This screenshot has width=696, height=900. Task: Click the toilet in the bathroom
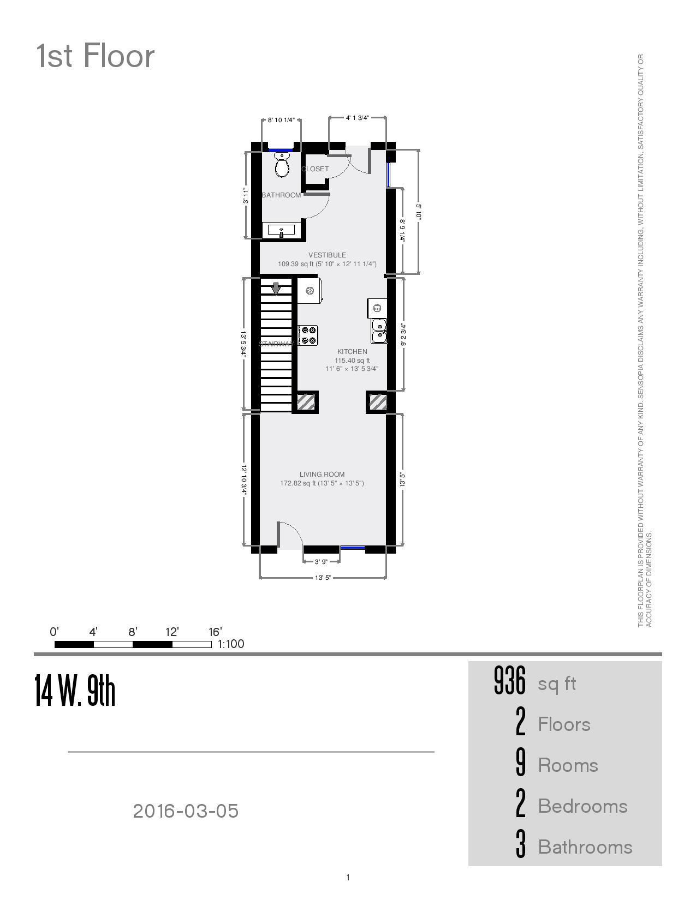point(282,165)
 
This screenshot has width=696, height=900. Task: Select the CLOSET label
point(316,169)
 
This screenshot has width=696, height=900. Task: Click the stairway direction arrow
point(276,289)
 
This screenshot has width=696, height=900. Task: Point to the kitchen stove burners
point(308,335)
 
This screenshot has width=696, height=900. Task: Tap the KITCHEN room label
point(352,352)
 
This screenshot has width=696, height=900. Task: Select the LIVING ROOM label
point(322,475)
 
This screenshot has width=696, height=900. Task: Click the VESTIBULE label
point(327,255)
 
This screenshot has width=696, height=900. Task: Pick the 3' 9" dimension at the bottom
point(321,562)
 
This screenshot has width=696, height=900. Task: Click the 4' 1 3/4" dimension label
point(358,117)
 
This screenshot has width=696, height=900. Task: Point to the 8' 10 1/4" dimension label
point(281,120)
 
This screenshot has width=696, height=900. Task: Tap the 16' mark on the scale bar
point(215,632)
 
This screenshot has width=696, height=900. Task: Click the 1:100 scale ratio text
point(231,644)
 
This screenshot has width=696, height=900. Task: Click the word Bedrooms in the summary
point(582,806)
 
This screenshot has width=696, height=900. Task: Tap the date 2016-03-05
point(186,811)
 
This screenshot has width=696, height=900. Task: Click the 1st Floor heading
point(96,56)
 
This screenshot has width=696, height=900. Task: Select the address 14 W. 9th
point(75,691)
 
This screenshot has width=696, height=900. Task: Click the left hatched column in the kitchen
point(306,403)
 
